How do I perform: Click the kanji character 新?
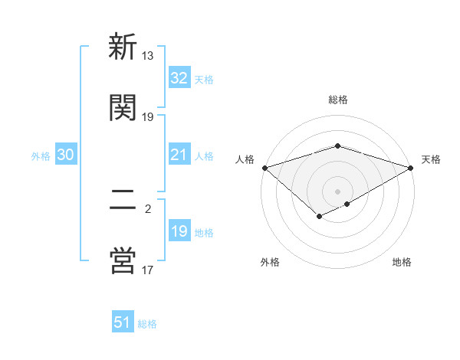pos(123,47)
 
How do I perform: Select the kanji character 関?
pos(123,108)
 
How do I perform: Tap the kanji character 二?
pos(123,200)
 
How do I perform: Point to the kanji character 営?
pos(123,260)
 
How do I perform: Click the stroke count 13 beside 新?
pos(147,56)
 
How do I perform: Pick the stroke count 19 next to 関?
pos(147,116)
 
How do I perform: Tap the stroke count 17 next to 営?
pos(147,269)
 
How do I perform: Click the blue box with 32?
pos(179,78)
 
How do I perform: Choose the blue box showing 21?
pos(179,155)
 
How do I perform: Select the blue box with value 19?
pos(179,231)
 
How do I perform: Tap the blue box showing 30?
pos(66,155)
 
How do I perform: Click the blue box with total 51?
pos(123,322)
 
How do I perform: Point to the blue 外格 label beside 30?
pos(41,155)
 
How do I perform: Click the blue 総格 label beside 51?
pos(147,324)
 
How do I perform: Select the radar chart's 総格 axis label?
pos(337,100)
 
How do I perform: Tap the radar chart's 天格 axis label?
pos(431,159)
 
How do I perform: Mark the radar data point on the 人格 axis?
pos(264,168)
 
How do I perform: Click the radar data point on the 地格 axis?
pos(347,204)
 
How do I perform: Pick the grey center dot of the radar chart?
pos(337,191)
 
